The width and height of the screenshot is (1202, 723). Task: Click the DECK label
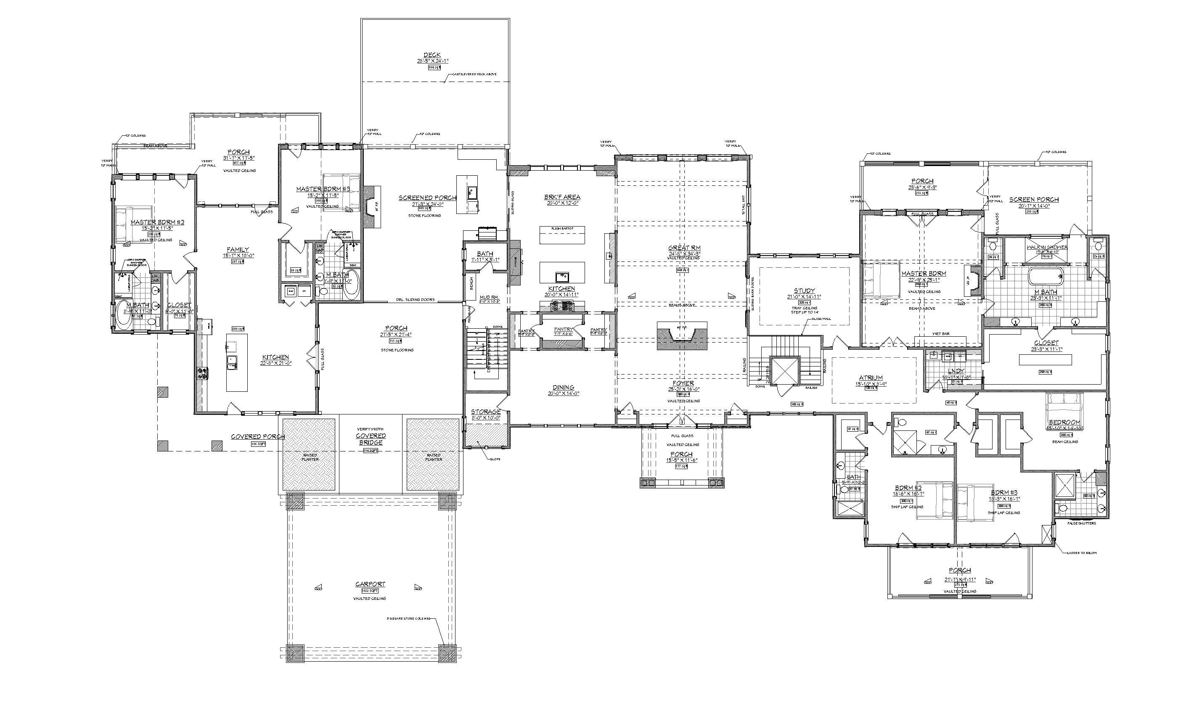[x=432, y=55]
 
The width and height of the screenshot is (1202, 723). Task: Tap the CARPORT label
[x=370, y=584]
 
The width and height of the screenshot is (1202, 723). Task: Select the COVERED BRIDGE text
[x=371, y=439]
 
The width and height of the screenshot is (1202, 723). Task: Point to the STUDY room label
[x=804, y=291]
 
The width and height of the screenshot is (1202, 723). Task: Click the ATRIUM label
[x=871, y=377]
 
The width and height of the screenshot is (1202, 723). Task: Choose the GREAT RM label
[x=684, y=248]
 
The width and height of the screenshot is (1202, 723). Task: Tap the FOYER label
[x=683, y=383]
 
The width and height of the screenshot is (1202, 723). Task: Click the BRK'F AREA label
[x=562, y=197]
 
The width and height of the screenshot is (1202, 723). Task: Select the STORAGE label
[x=485, y=412]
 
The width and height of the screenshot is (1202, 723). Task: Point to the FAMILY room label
[x=238, y=249]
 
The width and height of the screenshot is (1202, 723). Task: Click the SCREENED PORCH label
[x=427, y=198]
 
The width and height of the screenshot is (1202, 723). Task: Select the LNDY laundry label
[x=953, y=371]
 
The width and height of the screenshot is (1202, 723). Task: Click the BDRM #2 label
[x=908, y=488]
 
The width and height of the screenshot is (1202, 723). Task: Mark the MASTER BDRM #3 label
[x=322, y=189]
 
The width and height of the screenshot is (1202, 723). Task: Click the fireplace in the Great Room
[x=681, y=335]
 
